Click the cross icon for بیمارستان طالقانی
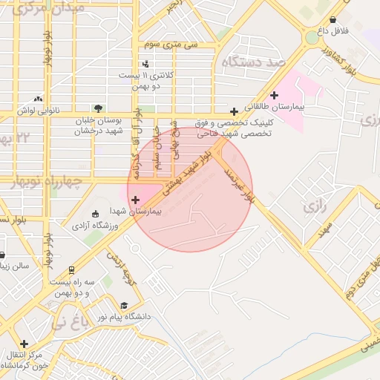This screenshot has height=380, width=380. click(x=275, y=95)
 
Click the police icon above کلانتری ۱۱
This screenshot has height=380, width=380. click(x=145, y=65)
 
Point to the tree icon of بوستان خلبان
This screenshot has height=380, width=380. click(x=98, y=108)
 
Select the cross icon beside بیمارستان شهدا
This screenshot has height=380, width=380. click(x=135, y=199)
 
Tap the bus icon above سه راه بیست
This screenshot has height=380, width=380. click(x=71, y=270)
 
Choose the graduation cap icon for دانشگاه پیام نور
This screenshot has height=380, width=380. click(x=124, y=305)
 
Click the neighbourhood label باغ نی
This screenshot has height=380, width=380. click(x=69, y=322)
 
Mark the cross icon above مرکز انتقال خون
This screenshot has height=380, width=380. click(x=24, y=344)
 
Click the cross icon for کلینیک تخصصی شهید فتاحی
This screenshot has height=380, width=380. click(x=235, y=111)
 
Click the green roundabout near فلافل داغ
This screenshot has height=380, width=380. click(x=312, y=38)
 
